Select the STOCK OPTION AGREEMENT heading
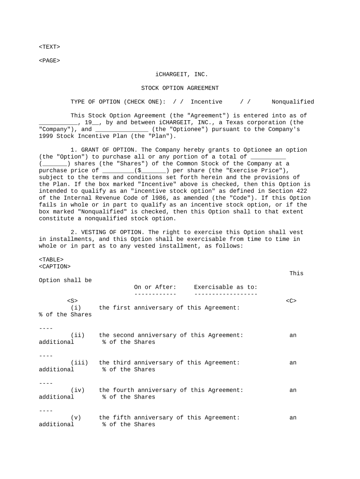tap(180, 88)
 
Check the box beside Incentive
tap(178, 102)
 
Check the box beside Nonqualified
tap(245, 102)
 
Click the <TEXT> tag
tap(49, 47)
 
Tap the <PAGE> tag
tap(49, 60)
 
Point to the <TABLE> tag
tap(51, 260)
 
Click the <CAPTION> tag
tap(55, 267)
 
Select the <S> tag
tap(72, 301)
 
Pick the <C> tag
tap(291, 301)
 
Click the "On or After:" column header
tap(155, 287)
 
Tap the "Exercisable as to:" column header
tap(225, 287)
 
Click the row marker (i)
tap(76, 308)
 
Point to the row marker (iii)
tap(79, 363)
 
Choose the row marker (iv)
tap(78, 390)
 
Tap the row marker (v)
tap(76, 418)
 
